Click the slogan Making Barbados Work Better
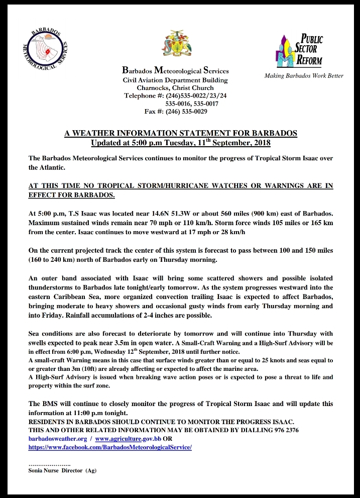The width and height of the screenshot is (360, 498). pos(304,76)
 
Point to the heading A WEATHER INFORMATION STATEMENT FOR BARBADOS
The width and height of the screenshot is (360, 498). pos(181,133)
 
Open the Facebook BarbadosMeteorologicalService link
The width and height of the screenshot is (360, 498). pos(110,447)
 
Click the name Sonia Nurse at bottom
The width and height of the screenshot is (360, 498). pos(44,470)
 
